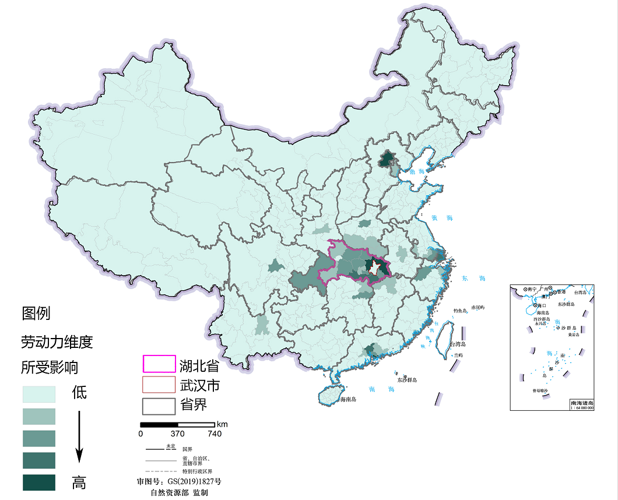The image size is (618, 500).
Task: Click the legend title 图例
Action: [x=36, y=314]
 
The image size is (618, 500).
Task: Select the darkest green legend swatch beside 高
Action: [x=39, y=483]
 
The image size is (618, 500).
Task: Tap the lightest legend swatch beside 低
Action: [x=39, y=394]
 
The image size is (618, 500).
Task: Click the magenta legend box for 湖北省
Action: [x=159, y=364]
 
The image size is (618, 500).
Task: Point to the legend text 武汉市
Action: [x=199, y=385]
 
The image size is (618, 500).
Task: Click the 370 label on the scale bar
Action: [x=177, y=434]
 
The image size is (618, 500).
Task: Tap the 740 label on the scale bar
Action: [x=214, y=434]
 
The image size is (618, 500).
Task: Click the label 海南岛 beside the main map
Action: [x=346, y=400]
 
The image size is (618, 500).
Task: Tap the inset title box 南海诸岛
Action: [x=581, y=402]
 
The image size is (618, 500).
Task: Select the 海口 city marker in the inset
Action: [x=536, y=305]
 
